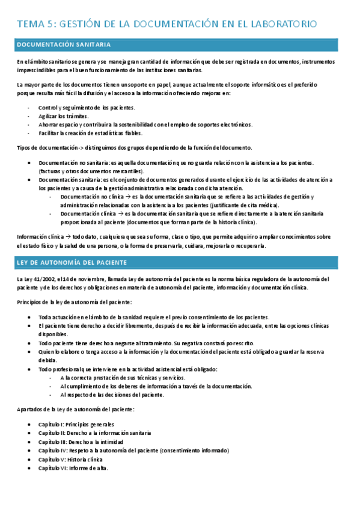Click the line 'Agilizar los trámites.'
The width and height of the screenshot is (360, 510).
pos(64,116)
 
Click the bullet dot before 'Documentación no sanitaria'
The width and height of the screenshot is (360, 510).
pos(30,163)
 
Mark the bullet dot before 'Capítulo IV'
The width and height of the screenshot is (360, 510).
pos(30,450)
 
